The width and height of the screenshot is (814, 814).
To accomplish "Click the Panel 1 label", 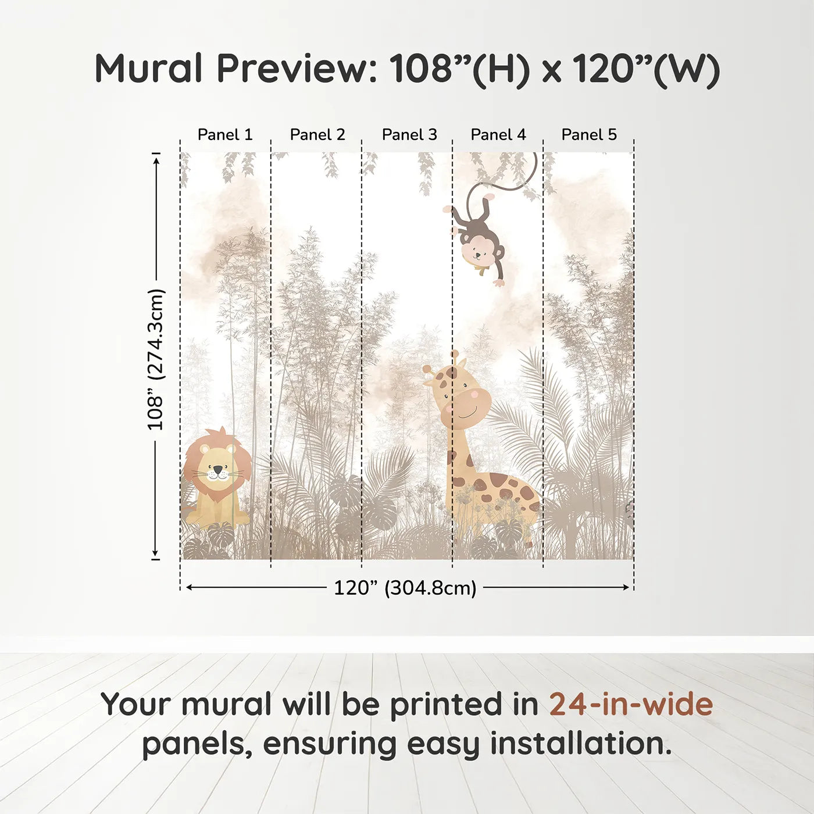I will tap(225, 135).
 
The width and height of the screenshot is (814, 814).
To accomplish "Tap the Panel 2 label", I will tap(317, 135).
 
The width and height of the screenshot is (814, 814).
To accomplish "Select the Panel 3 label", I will tap(409, 135).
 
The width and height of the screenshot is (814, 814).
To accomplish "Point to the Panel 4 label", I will tap(498, 135).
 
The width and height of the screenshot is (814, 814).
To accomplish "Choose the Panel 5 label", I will tap(589, 135).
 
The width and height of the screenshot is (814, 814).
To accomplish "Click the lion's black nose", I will tap(217, 469).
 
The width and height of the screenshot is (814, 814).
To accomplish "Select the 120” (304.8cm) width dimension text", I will tap(405, 588).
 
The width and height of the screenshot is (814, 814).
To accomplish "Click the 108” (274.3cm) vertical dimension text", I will tap(156, 359).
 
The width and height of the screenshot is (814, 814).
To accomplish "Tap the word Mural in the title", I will tap(148, 69).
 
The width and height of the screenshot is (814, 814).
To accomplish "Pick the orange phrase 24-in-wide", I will tap(631, 704).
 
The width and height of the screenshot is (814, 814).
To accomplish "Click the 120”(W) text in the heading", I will tap(646, 69).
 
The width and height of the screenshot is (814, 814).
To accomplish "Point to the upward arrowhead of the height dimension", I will tap(156, 159).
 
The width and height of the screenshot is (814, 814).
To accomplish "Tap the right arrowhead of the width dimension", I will tap(627, 587).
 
